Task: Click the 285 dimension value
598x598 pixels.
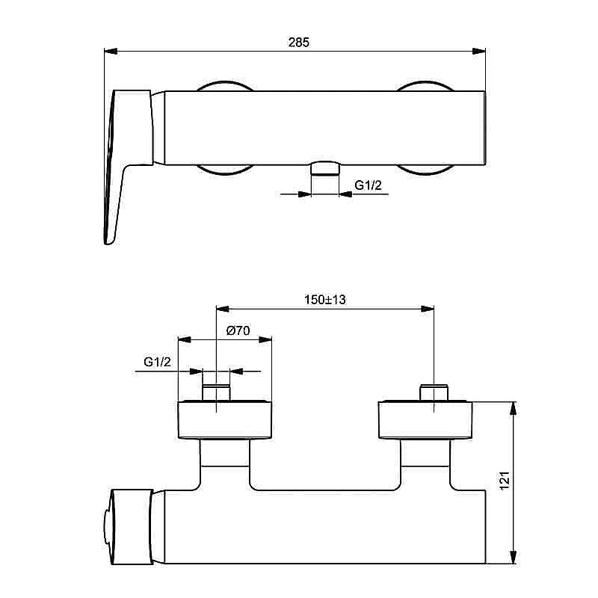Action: (299, 43)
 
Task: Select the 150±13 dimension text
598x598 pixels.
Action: (325, 299)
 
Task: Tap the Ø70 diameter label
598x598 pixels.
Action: (237, 330)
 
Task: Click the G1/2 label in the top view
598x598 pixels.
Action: (368, 185)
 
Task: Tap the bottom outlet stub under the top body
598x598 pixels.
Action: (324, 167)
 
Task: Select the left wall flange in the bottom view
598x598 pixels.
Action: (224, 420)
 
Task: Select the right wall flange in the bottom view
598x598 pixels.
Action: (425, 420)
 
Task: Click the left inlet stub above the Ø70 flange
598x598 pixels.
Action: (216, 393)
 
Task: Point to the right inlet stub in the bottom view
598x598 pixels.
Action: (434, 393)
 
